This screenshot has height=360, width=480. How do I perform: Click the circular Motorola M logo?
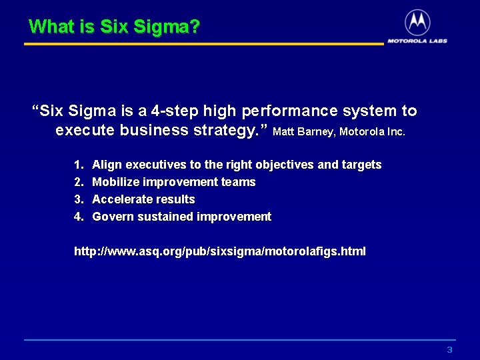tap(417, 23)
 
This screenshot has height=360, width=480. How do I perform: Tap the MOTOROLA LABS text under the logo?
tap(417, 41)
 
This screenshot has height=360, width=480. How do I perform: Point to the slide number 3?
tap(449, 350)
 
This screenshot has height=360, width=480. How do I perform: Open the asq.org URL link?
tap(219, 251)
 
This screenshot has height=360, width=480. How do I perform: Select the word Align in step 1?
tap(107, 165)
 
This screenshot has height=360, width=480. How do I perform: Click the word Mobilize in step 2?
tap(115, 182)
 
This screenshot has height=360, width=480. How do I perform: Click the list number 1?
tap(78, 165)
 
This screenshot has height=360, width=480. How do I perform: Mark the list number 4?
tap(78, 217)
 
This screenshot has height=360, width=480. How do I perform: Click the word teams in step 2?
tap(239, 182)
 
